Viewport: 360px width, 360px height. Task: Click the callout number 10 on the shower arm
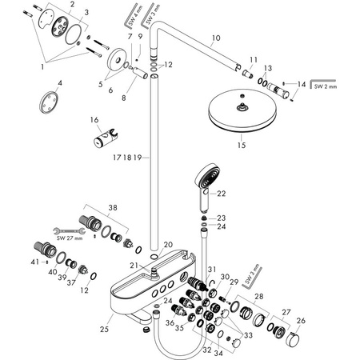pyautogui.click(x=214, y=37)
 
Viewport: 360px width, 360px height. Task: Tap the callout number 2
pyautogui.click(x=73, y=6)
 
